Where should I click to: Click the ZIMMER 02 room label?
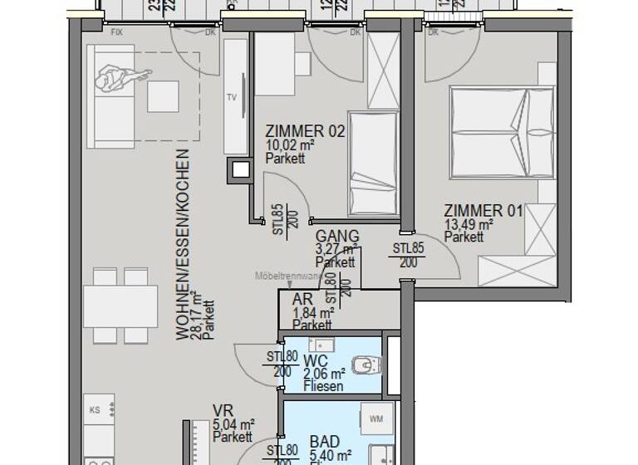point(305,131)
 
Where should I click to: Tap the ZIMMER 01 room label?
point(483,211)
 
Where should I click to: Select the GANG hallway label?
point(337,237)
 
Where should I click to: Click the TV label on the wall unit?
point(232,96)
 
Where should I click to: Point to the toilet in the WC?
point(365,364)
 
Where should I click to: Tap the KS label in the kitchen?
point(95,410)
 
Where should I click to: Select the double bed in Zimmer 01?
point(502,133)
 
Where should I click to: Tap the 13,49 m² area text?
point(469,224)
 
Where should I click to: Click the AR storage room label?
point(302,301)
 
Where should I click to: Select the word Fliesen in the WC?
point(323,387)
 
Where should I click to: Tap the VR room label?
point(222,410)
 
